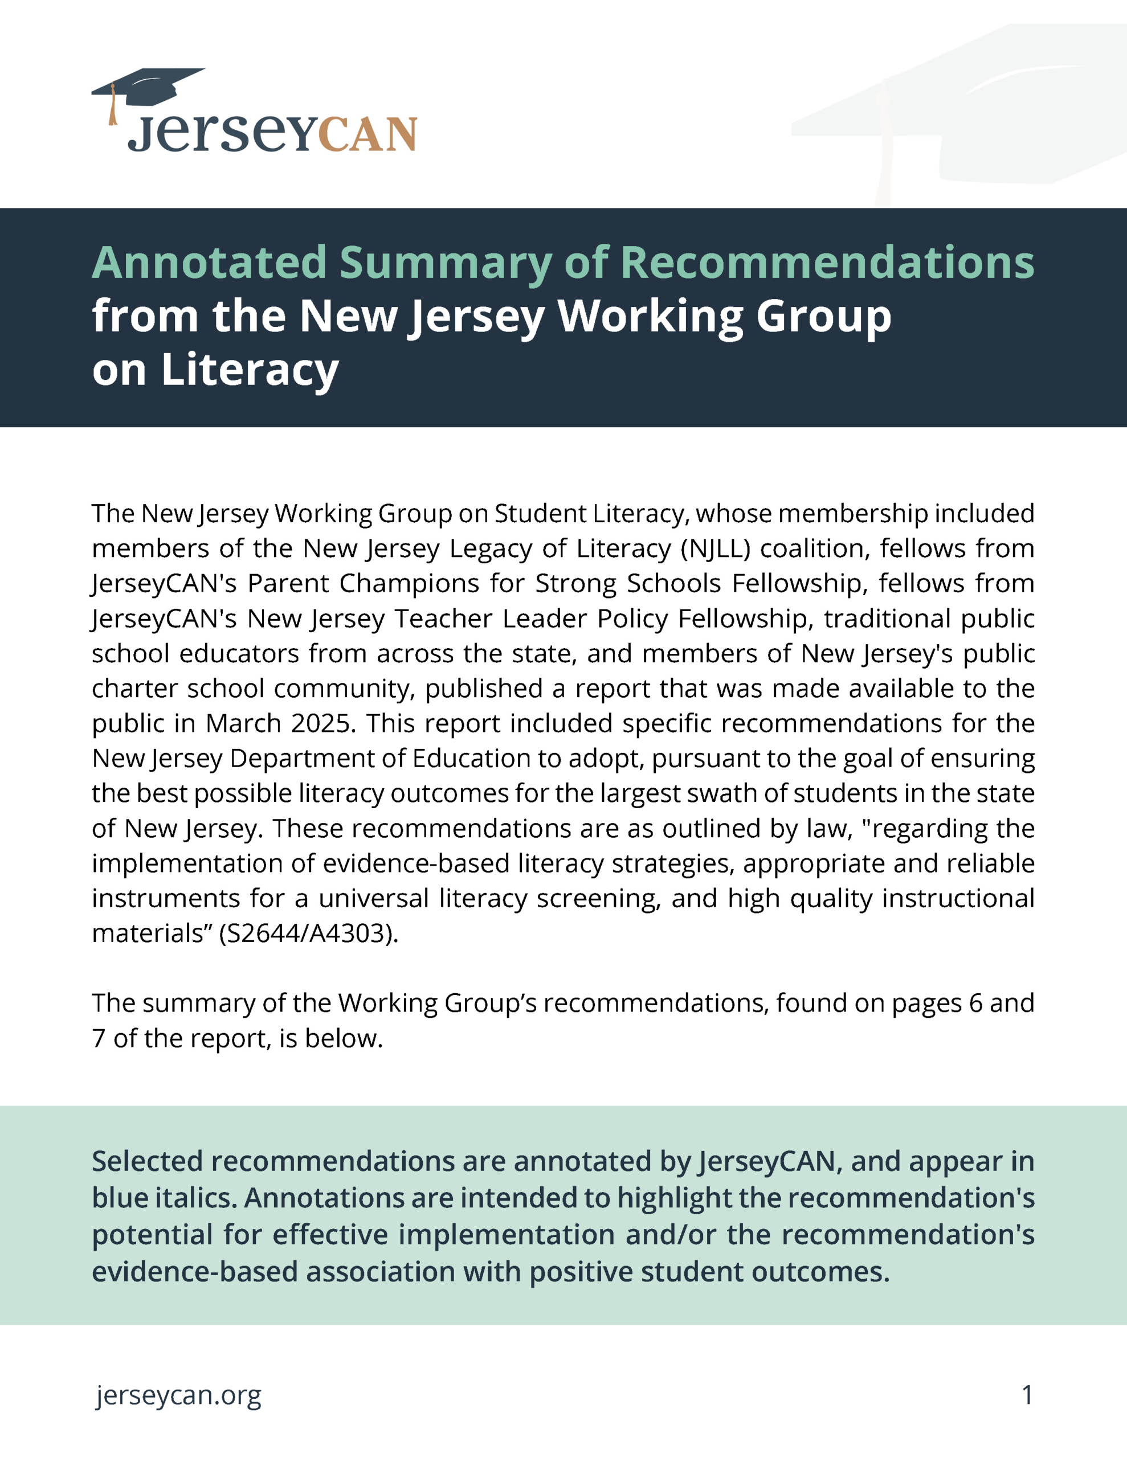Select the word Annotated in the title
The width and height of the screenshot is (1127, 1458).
coord(209,263)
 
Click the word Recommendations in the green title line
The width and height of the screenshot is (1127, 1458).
coord(827,263)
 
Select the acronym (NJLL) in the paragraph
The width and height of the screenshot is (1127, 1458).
coord(716,548)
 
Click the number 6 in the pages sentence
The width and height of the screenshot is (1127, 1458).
coord(975,1003)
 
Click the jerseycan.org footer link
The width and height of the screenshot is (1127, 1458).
coord(178,1395)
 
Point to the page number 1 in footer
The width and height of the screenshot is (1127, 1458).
coord(1027,1395)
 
